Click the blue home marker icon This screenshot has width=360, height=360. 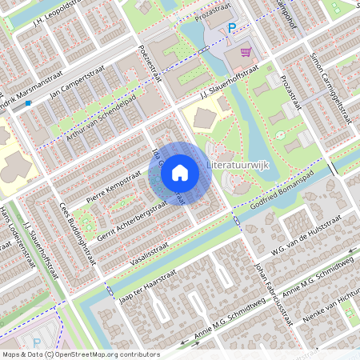[180, 173]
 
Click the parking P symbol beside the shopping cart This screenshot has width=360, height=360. [232, 28]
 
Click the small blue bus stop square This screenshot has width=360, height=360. [28, 102]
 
